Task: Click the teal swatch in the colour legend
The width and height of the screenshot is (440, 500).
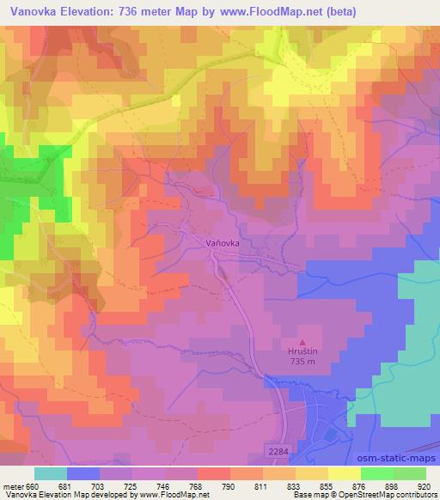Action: click(50, 473)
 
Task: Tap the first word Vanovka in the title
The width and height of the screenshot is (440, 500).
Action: click(33, 11)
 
